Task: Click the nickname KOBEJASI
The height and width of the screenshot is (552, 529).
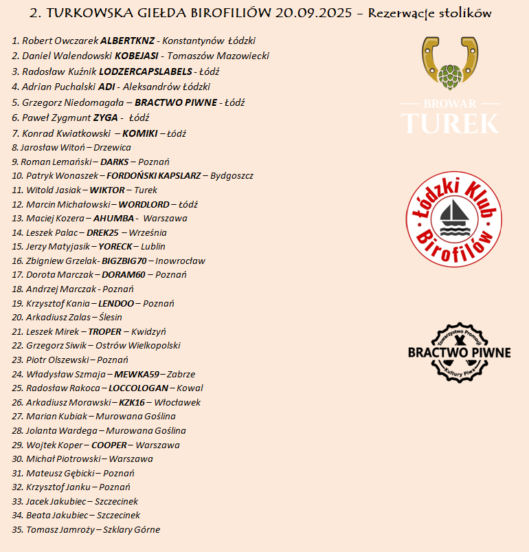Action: pos(137,56)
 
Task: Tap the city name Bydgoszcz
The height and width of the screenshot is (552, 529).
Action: pos(232,176)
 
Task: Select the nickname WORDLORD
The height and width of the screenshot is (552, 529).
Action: pos(144,204)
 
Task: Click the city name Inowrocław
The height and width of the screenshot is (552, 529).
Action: pos(180,261)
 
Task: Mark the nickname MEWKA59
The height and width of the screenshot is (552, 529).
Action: pos(137,375)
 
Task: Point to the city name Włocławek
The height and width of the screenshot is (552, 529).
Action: pos(177,403)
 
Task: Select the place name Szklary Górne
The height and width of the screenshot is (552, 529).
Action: pos(131,530)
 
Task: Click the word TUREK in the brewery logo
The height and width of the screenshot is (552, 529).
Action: pos(450,122)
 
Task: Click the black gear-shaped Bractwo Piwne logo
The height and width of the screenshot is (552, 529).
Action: pos(459,352)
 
